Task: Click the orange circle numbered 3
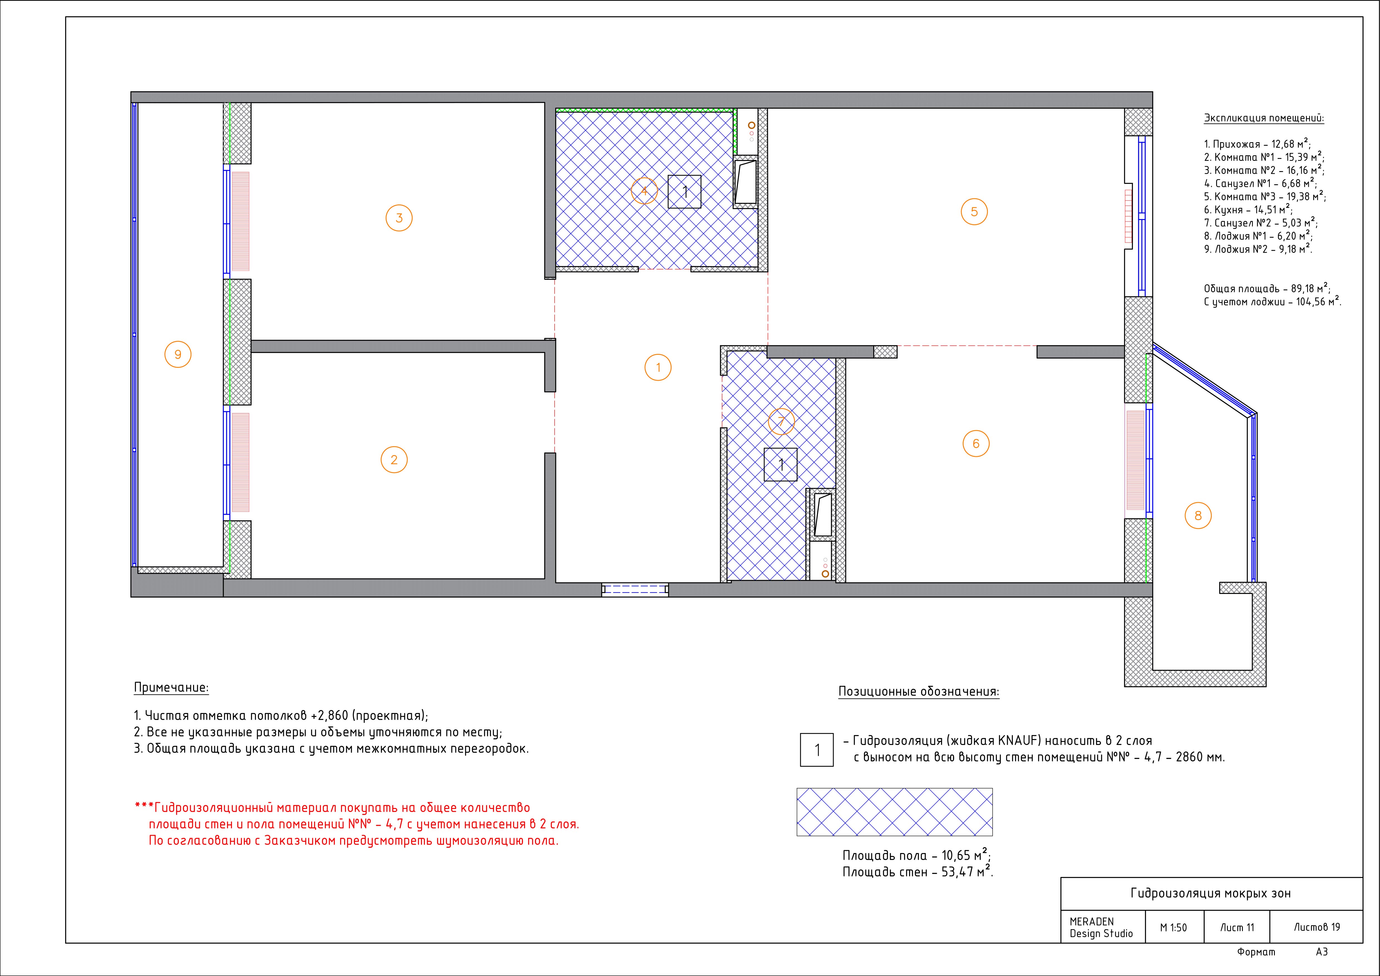click(399, 206)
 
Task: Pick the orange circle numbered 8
click(1198, 502)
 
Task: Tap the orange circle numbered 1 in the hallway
click(658, 354)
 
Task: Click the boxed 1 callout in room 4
click(685, 192)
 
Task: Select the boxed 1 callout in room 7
click(781, 465)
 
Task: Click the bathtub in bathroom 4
click(745, 182)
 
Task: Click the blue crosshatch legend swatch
click(894, 812)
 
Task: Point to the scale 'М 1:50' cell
click(1173, 927)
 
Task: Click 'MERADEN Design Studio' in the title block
click(1101, 927)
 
